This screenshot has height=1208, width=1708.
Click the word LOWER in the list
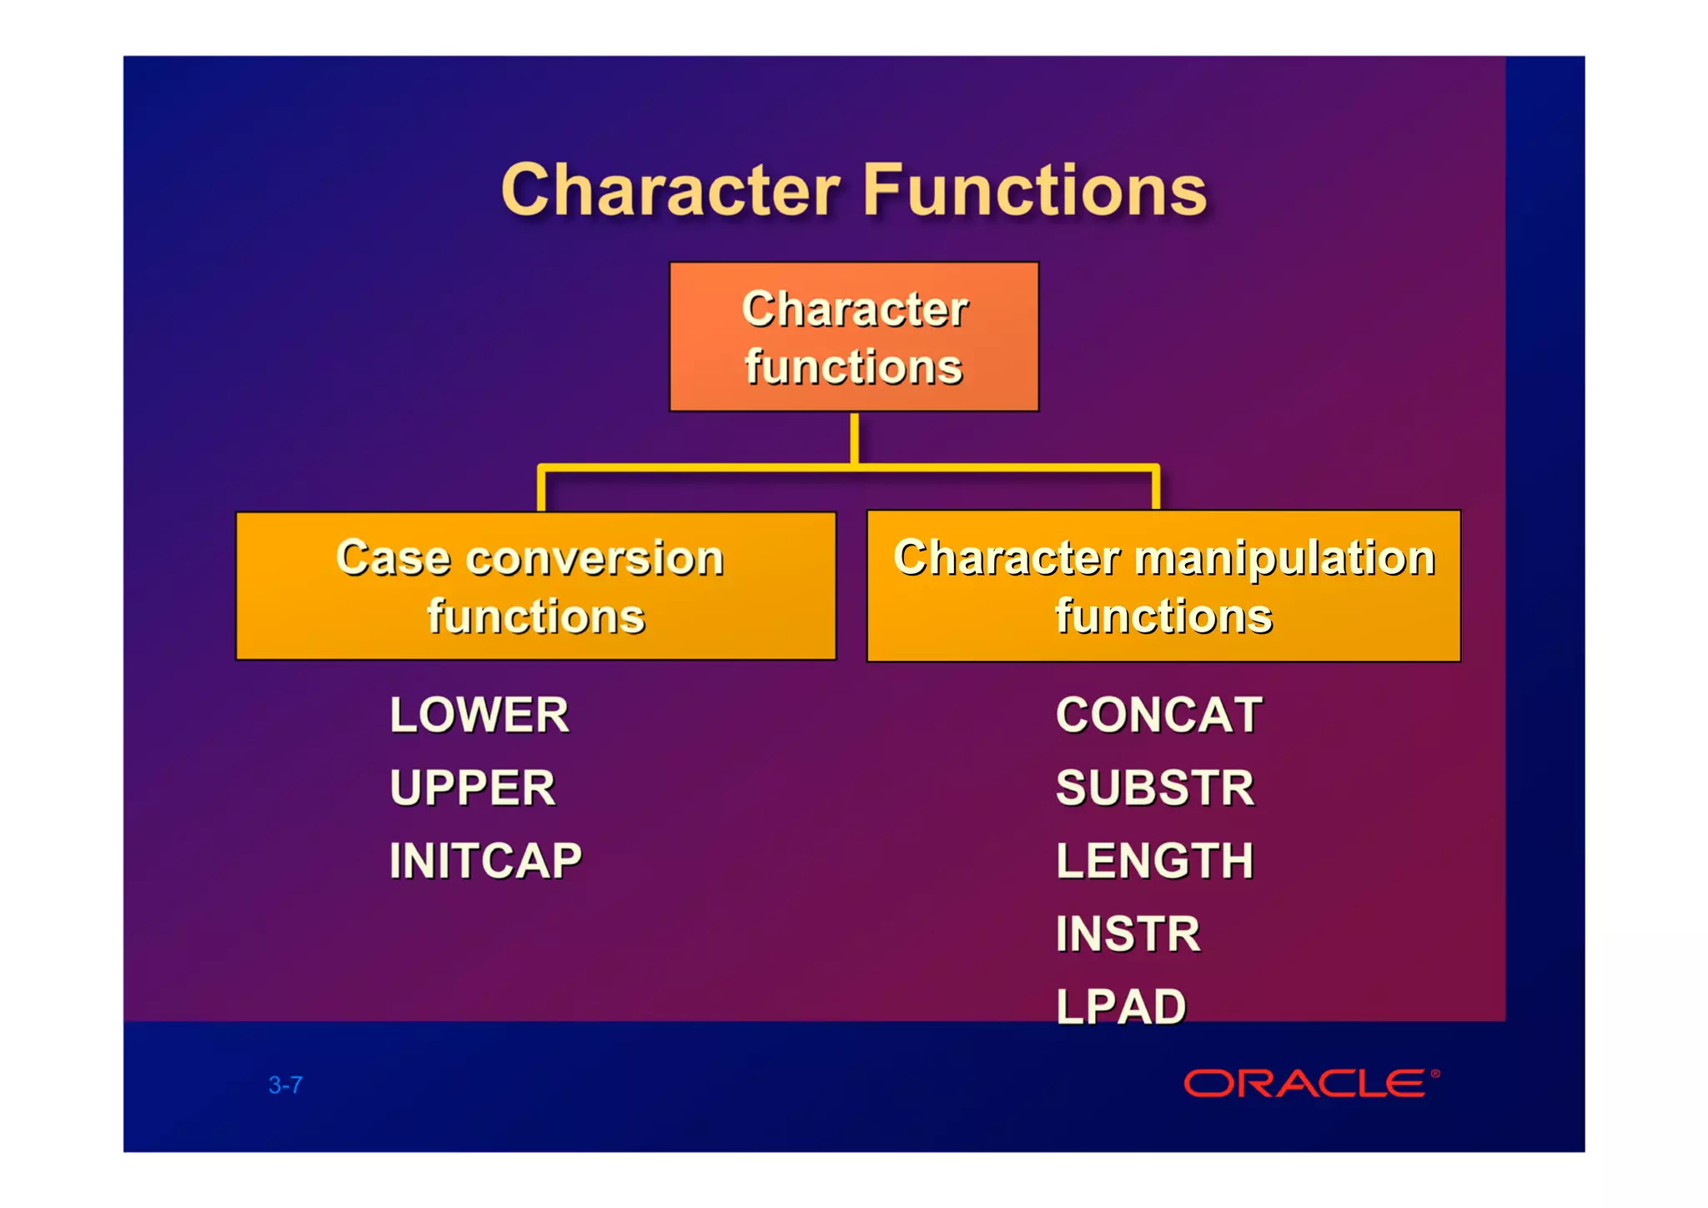click(x=479, y=716)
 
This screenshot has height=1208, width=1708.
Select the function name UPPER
click(x=472, y=788)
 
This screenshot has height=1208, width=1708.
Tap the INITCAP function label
click(x=485, y=861)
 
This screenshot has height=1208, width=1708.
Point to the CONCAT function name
click(x=1158, y=716)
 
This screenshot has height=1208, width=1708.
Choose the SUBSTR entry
click(x=1154, y=788)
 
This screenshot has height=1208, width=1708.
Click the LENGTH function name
click(x=1154, y=861)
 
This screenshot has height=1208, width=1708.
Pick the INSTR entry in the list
click(x=1128, y=934)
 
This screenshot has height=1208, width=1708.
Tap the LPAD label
click(x=1120, y=1006)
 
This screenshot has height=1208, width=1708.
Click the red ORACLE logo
click(x=1304, y=1084)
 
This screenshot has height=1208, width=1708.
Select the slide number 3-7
click(x=285, y=1085)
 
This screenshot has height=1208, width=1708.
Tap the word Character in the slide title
click(x=671, y=190)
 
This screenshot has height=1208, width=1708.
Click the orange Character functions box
click(x=854, y=337)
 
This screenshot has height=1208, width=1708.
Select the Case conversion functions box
click(x=535, y=586)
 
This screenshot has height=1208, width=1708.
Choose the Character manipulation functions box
click(x=1163, y=586)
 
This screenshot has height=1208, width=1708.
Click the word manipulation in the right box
click(x=1284, y=557)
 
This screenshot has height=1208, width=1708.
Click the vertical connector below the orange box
click(x=854, y=438)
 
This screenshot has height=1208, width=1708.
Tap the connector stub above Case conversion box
click(x=541, y=491)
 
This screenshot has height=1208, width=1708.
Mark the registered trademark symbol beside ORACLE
click(x=1435, y=1073)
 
